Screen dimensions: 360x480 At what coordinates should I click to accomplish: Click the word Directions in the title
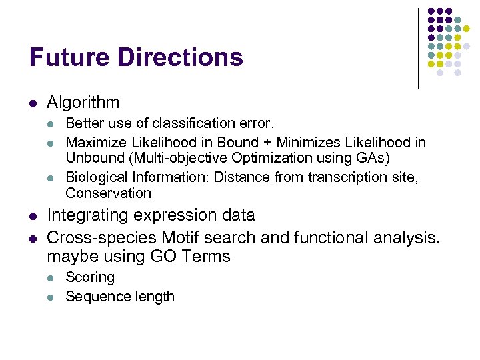pos(180,57)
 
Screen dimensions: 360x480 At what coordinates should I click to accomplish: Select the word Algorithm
pos(83,103)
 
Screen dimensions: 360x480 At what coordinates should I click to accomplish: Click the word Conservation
pos(108,193)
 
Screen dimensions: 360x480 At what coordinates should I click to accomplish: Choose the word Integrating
pos(89,215)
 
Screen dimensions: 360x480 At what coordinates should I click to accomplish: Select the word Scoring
pos(90,277)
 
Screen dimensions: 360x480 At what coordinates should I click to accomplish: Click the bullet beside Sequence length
pos(52,297)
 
